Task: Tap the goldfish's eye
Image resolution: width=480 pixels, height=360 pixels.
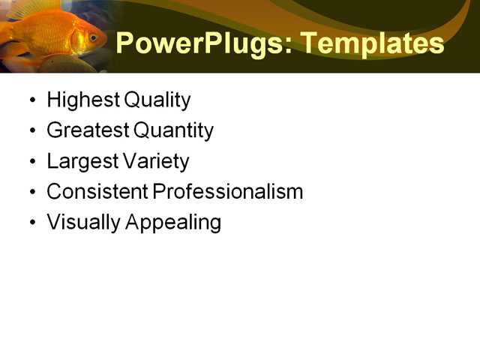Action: (x=92, y=36)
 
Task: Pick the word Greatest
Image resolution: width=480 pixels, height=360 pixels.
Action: (x=87, y=130)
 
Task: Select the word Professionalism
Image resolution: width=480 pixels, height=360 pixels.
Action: (x=228, y=192)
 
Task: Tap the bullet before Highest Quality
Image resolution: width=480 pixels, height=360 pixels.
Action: (x=31, y=100)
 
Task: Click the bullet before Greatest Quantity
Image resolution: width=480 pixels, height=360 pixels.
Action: (x=31, y=131)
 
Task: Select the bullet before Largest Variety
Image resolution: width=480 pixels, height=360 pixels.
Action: (x=31, y=162)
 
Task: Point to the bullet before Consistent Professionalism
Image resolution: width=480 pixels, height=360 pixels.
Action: (x=31, y=193)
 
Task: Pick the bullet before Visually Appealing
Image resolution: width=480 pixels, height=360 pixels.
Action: (x=31, y=223)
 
